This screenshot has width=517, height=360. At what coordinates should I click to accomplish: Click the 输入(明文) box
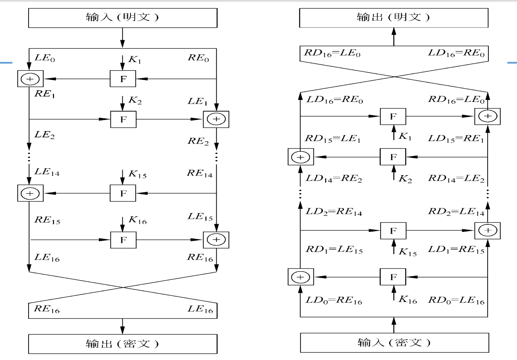coord(123,18)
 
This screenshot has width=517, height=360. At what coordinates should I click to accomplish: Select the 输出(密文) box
coord(123,344)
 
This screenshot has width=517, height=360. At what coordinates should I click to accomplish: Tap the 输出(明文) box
coord(394,18)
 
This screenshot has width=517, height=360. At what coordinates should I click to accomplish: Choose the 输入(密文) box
coord(394,343)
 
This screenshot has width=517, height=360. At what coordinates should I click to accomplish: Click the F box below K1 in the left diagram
coord(123,79)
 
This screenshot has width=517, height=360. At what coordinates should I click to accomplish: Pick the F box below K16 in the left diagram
coord(123,240)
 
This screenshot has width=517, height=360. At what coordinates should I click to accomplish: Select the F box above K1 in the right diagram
coord(393,117)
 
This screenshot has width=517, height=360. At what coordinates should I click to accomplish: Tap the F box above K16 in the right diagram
coord(393,277)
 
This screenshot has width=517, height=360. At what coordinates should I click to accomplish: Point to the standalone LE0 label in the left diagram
coord(45,59)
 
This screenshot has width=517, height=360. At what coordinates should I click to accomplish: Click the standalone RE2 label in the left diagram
coord(198,141)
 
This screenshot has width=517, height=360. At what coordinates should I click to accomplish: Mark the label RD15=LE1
coord(332,139)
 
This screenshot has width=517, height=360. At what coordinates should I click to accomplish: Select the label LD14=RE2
coord(334,179)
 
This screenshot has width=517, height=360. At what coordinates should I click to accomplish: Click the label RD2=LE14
coord(456,212)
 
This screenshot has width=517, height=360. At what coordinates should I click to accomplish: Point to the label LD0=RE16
coord(334,301)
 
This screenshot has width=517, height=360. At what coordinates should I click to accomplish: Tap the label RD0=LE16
coord(456,301)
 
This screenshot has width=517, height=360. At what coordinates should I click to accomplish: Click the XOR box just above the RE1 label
coord(30,79)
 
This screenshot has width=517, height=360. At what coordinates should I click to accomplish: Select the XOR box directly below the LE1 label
coord(216,119)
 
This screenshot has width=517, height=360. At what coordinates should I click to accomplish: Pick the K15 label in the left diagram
coord(137,175)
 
